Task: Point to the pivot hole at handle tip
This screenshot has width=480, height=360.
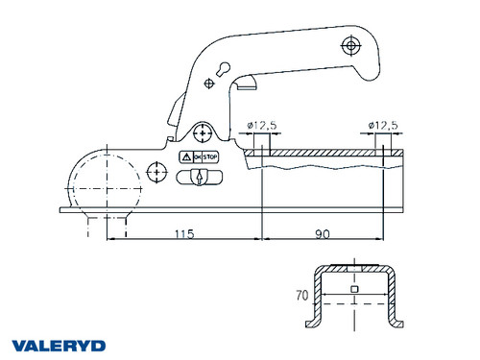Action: pos(352,46)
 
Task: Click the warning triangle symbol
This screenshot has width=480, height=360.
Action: pos(184,156)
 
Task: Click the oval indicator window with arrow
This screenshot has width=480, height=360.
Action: pos(199,177)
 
